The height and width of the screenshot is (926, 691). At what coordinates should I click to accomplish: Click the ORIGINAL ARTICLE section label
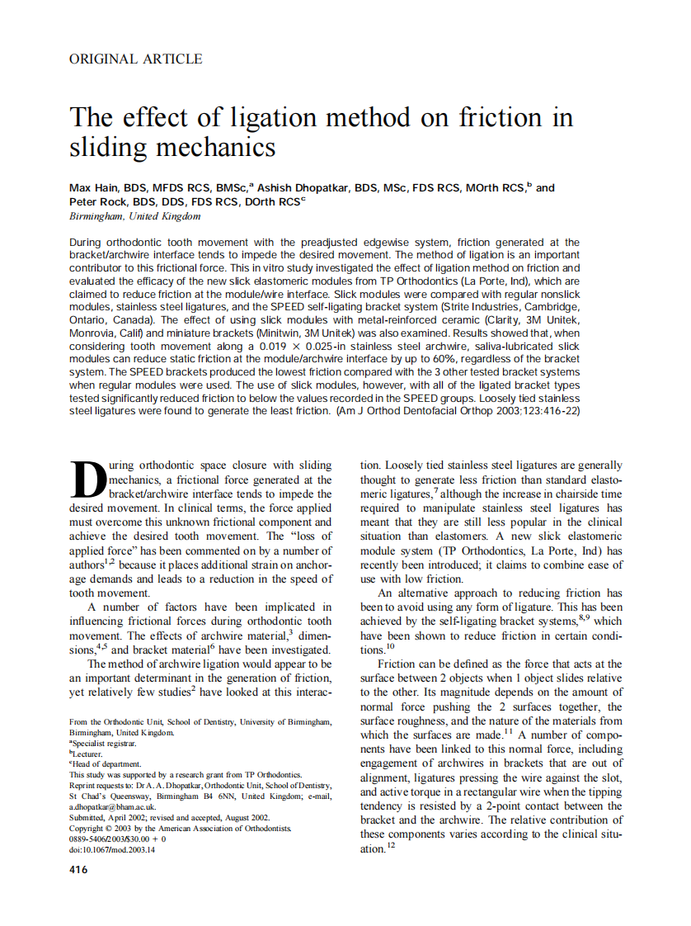[x=135, y=59]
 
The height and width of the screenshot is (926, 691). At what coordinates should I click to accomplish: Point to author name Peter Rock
[x=98, y=201]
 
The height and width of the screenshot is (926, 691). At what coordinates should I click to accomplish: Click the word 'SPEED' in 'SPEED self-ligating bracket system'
[x=313, y=306]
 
